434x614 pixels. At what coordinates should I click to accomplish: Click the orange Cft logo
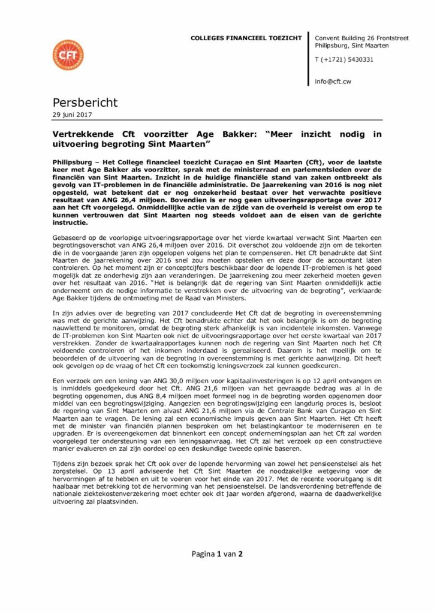pyautogui.click(x=68, y=55)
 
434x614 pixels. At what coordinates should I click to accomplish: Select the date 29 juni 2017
pyautogui.click(x=73, y=115)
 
